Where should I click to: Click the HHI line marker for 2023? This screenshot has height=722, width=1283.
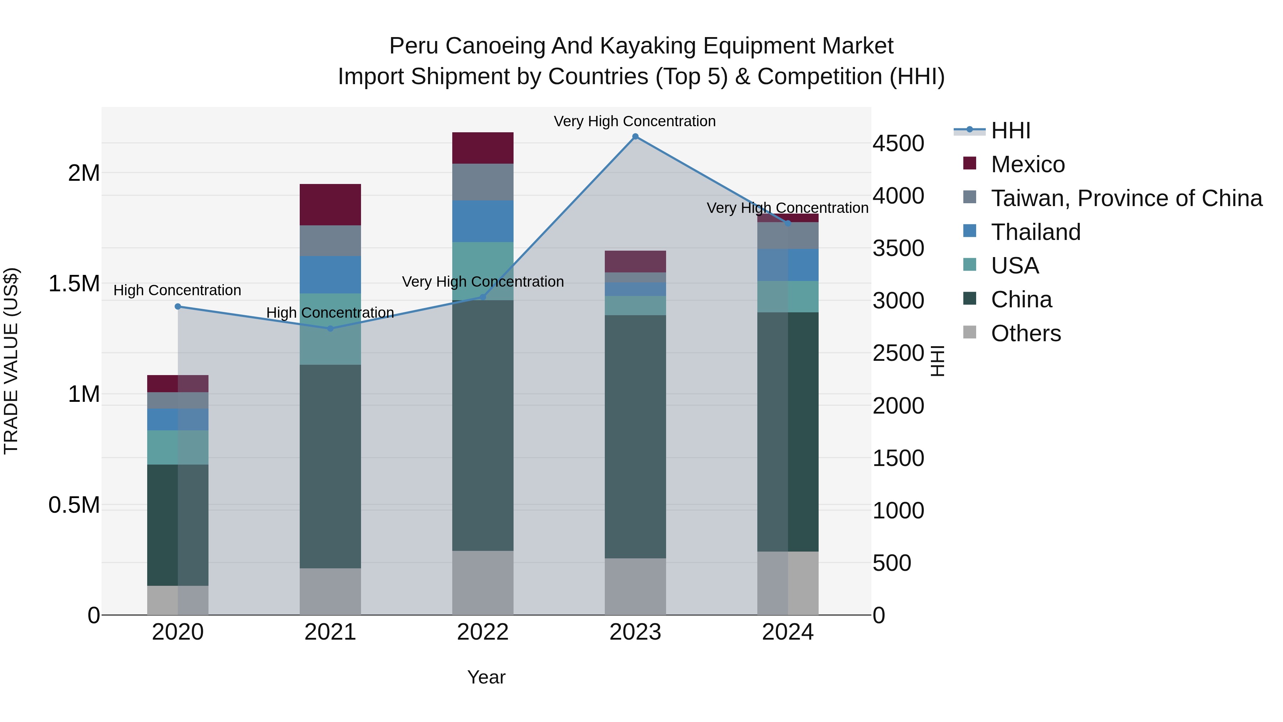click(x=635, y=137)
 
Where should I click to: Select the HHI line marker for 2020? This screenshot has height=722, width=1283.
click(x=178, y=306)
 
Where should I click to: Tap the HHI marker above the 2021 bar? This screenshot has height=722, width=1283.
click(x=330, y=328)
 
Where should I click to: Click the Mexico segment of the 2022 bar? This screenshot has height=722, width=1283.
click(x=483, y=148)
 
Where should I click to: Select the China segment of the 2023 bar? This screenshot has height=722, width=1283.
click(x=635, y=436)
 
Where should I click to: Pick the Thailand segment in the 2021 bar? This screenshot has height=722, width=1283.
click(x=330, y=275)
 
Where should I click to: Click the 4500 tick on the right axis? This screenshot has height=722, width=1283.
click(x=898, y=143)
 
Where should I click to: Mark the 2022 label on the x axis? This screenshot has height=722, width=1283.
click(x=483, y=632)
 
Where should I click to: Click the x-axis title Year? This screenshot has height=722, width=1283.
click(x=486, y=677)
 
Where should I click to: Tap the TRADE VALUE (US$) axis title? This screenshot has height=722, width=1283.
click(x=11, y=361)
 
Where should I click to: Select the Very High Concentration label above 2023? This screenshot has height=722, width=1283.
click(x=634, y=121)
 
